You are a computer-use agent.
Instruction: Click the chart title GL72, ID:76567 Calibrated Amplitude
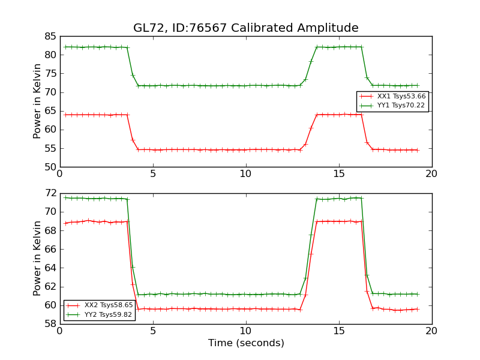coord(245,28)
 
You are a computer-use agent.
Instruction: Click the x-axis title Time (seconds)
coord(246,343)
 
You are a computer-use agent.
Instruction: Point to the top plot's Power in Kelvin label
coord(37,101)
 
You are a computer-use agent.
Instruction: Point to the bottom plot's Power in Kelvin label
coord(37,258)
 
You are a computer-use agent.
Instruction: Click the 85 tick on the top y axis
coord(50,36)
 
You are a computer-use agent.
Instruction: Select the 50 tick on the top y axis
coord(50,167)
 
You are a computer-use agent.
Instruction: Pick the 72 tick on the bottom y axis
coord(50,193)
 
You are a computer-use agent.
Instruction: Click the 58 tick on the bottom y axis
coord(50,324)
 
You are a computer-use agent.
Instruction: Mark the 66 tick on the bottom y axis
coord(50,249)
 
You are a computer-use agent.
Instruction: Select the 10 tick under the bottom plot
coord(245,331)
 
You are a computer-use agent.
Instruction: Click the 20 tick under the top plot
coord(431,173)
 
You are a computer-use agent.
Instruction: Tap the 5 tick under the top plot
coord(152,173)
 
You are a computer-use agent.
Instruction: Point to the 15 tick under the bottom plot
coord(338,331)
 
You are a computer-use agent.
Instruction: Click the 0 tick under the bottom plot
coord(59,331)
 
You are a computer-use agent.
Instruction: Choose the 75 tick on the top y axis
coord(50,74)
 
